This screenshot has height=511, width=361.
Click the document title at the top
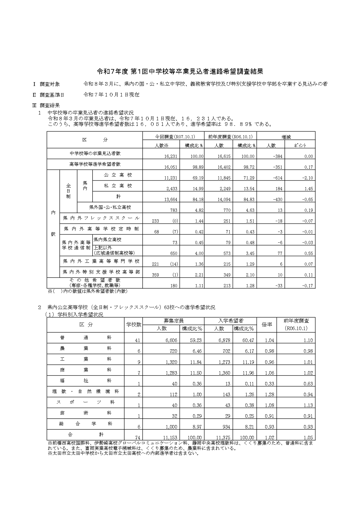pyautogui.click(x=180, y=71)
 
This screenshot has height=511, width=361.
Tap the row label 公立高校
pyautogui.click(x=118, y=175)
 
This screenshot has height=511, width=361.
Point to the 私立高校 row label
pyautogui.click(x=118, y=186)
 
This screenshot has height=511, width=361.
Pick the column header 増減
pyautogui.click(x=286, y=137)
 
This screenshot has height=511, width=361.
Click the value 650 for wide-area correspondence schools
pyautogui.click(x=174, y=253)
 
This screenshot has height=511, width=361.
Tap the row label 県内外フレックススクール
pyautogui.click(x=101, y=218)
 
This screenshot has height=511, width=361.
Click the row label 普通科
pyautogui.click(x=86, y=338)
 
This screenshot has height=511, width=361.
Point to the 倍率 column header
pyautogui.click(x=267, y=325)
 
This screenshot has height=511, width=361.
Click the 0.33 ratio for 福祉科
pyautogui.click(x=269, y=384)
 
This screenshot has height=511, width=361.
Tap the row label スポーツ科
pyautogui.click(x=86, y=402)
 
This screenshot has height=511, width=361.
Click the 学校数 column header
pyautogui.click(x=134, y=325)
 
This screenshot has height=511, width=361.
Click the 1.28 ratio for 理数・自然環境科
pyautogui.click(x=269, y=394)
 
